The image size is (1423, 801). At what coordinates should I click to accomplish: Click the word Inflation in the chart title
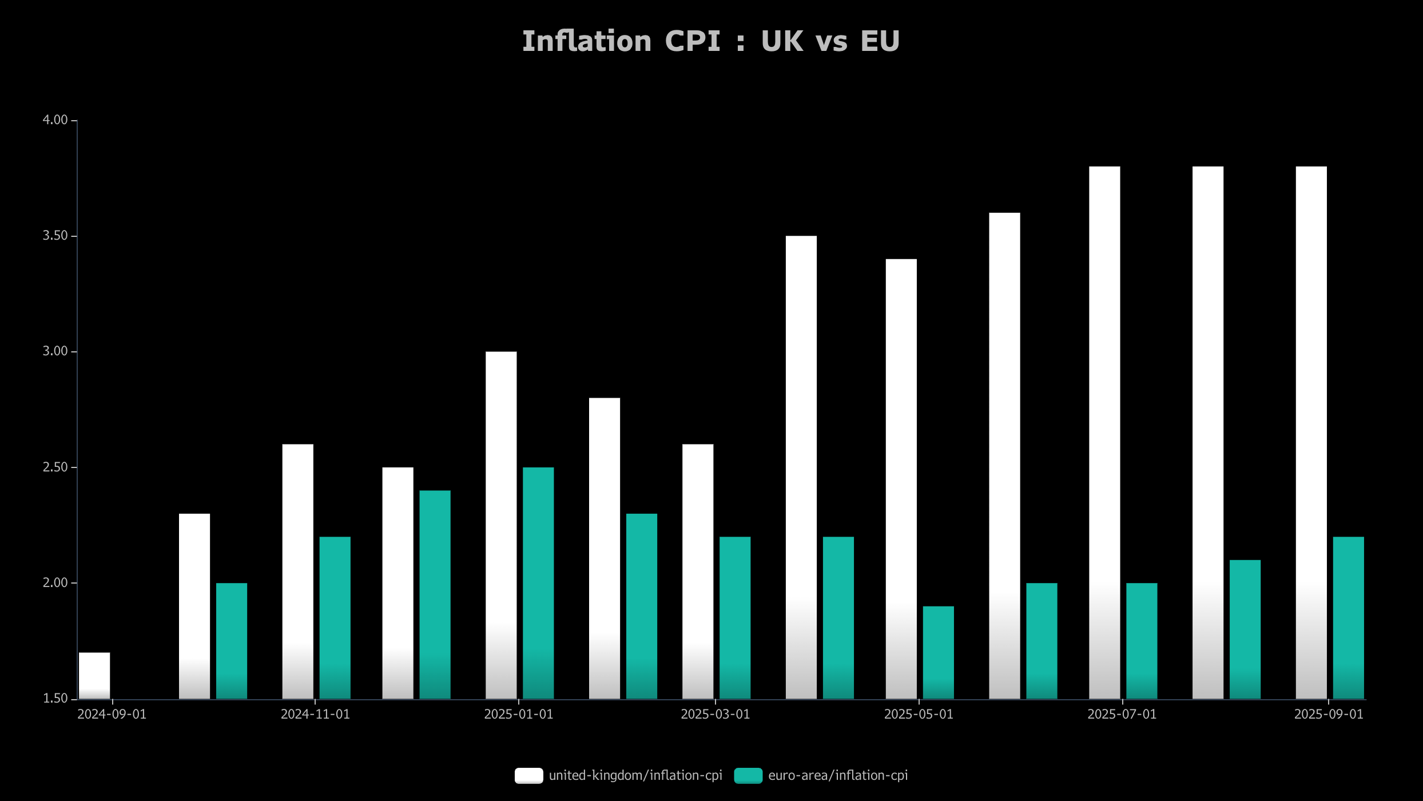586,41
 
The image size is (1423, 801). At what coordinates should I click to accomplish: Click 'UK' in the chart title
781,41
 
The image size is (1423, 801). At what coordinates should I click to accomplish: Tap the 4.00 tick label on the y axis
55,120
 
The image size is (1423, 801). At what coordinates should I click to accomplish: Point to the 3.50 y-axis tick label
55,236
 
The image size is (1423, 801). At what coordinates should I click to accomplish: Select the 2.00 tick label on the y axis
55,582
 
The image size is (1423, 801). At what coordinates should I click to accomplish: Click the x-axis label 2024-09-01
112,714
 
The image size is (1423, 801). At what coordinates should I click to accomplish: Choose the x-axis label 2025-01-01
518,714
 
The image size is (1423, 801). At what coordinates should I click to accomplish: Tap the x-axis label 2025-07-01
1122,714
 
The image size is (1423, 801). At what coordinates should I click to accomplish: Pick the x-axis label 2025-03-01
715,714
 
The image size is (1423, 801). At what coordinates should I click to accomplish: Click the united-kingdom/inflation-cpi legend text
635,775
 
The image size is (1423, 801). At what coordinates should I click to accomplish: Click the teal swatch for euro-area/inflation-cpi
748,775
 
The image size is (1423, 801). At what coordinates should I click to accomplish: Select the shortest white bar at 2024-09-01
94,675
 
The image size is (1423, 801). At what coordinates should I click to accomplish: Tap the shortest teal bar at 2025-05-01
938,652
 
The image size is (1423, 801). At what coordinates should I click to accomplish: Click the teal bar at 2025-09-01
1348,617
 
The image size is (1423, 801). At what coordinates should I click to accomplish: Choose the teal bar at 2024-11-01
335,617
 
